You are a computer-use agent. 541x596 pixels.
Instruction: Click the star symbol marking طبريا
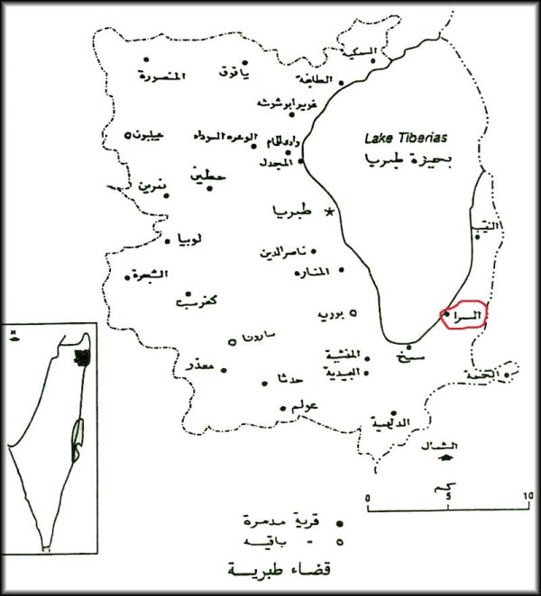click(330, 212)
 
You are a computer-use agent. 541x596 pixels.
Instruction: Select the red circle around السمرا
click(464, 315)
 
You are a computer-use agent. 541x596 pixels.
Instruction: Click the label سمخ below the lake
click(413, 358)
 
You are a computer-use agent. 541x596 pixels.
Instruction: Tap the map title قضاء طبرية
click(270, 571)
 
